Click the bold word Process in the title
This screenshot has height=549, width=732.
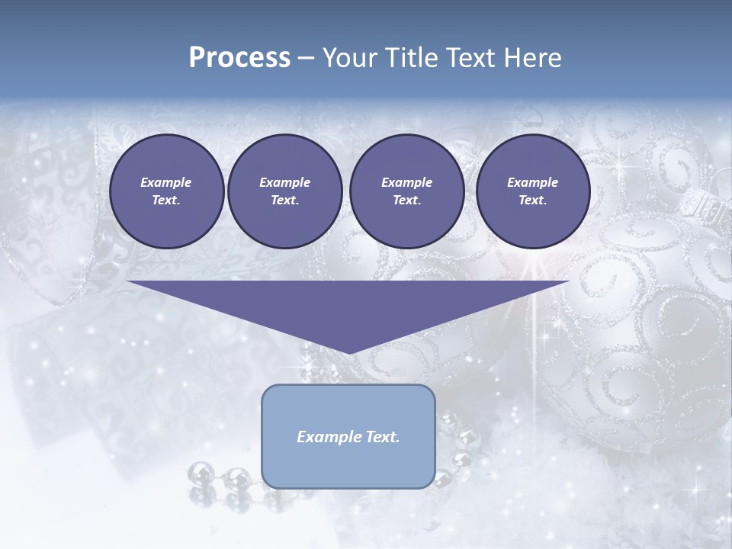point(239,58)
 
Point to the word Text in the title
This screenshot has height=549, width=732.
point(471,58)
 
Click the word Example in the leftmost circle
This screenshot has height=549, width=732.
point(166,182)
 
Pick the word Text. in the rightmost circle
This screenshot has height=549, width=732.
point(532,200)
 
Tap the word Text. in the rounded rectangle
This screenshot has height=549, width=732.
point(382,437)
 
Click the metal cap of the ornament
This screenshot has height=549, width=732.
point(698,204)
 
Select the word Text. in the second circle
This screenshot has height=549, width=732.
point(284,200)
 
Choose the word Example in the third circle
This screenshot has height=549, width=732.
point(406,182)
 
